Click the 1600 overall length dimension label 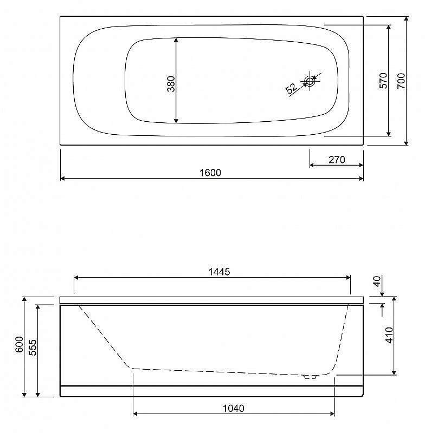click(x=210, y=173)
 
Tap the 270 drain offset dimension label click(x=337, y=160)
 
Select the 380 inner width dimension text click(x=171, y=84)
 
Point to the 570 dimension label click(x=383, y=81)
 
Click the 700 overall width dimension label click(x=401, y=81)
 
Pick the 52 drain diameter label click(x=292, y=89)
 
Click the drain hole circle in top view click(x=310, y=81)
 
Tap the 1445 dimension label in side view click(x=219, y=272)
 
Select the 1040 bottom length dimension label click(x=234, y=408)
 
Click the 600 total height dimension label click(x=20, y=344)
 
